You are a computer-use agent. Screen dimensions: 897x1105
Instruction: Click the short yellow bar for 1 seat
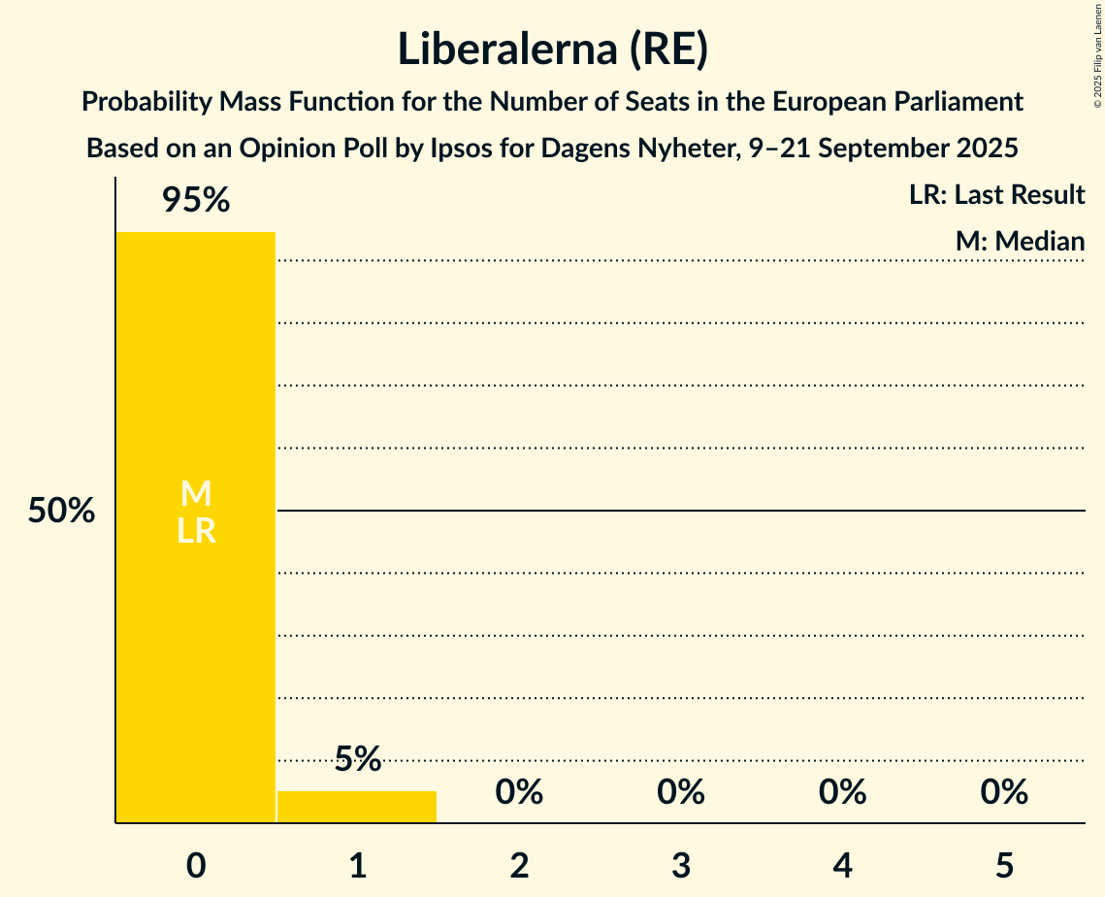pyautogui.click(x=357, y=807)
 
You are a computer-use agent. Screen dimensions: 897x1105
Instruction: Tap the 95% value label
pyautogui.click(x=196, y=201)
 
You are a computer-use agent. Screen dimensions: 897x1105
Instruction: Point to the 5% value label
pyautogui.click(x=357, y=759)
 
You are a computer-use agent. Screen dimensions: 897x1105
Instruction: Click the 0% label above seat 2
pyautogui.click(x=519, y=792)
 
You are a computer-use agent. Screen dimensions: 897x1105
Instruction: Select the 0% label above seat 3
pyautogui.click(x=681, y=792)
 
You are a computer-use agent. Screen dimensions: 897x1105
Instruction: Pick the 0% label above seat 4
pyautogui.click(x=842, y=792)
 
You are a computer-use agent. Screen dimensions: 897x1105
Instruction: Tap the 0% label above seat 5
pyautogui.click(x=1004, y=792)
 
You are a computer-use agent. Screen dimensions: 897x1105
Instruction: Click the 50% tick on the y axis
pyautogui.click(x=61, y=512)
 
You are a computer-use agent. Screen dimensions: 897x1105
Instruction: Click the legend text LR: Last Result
pyautogui.click(x=996, y=195)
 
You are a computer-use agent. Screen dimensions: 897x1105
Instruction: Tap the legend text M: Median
pyautogui.click(x=1020, y=242)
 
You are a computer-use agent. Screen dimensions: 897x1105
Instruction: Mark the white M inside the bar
pyautogui.click(x=196, y=494)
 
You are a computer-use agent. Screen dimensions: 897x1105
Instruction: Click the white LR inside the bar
pyautogui.click(x=196, y=531)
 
